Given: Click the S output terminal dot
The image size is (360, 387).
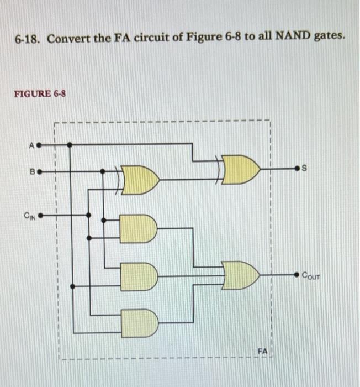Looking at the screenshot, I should (x=299, y=168).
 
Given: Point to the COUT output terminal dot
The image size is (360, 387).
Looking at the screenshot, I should (x=298, y=274).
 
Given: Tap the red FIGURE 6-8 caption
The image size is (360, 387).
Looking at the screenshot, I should (x=40, y=93).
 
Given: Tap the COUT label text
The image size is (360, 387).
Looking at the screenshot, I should (x=315, y=275).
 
